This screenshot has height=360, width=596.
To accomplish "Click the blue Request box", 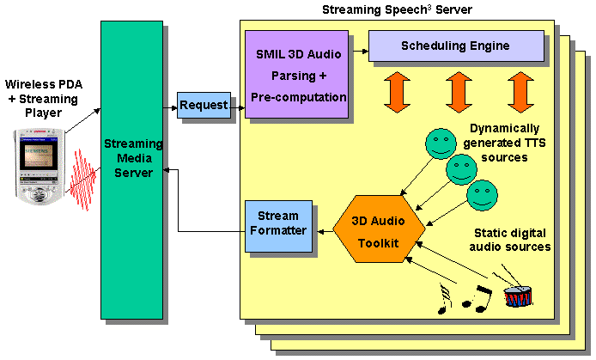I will (x=204, y=105).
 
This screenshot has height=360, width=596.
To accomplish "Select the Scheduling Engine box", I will (x=456, y=46).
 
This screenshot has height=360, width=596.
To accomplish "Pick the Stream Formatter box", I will (x=277, y=227).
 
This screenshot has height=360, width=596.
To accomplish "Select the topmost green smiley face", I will (x=441, y=143).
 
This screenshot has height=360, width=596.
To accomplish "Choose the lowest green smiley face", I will (x=483, y=195).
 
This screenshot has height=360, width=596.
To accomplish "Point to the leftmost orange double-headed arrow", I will (x=398, y=92).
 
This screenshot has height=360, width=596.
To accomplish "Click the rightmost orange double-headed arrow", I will (x=519, y=92).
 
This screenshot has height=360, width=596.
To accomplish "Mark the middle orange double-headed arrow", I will (x=458, y=92).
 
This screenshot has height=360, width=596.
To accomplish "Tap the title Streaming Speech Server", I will (x=384, y=10).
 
